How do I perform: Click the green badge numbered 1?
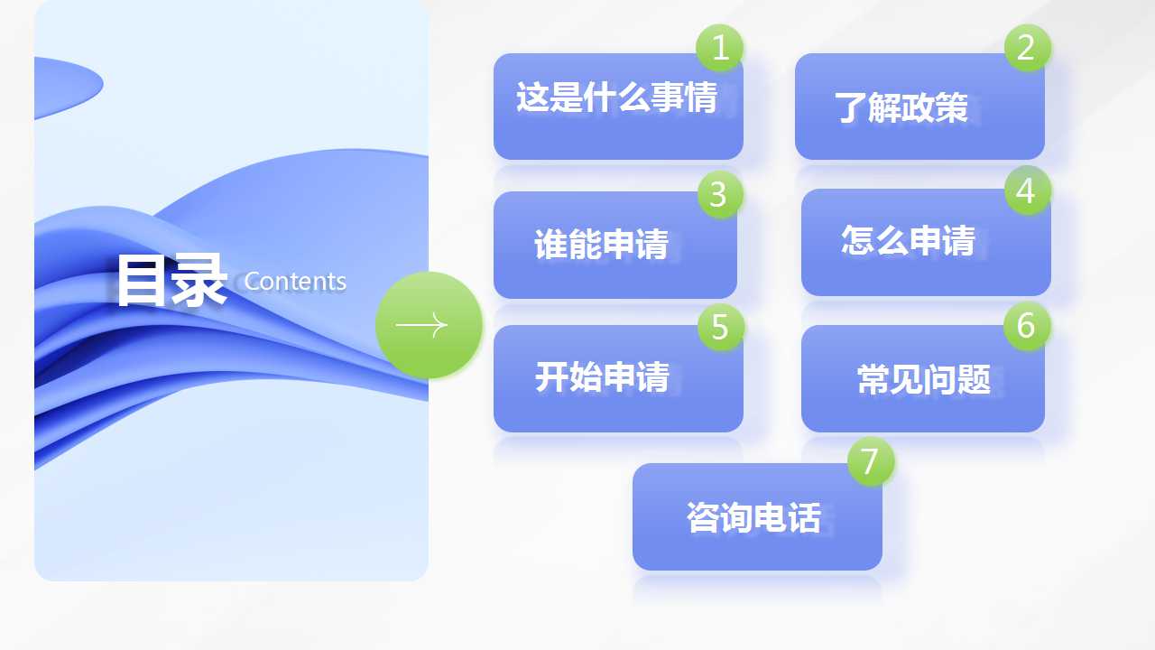point(719,48)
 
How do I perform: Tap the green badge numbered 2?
point(1028,48)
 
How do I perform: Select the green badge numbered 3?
point(720,194)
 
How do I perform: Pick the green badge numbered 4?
point(1028,190)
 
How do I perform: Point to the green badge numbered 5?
point(721,327)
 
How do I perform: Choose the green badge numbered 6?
point(1027,326)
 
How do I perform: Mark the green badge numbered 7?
point(871,461)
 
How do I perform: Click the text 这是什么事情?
point(616,97)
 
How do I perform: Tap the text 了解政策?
point(901,107)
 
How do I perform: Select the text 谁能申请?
point(601,244)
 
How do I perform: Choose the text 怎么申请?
point(908,240)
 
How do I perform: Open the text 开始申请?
point(602,377)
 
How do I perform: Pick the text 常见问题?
point(923,379)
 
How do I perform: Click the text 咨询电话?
point(753,517)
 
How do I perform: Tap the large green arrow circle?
point(429,325)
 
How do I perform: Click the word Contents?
point(295,281)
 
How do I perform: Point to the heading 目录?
point(172,280)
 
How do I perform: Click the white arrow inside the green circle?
point(421,325)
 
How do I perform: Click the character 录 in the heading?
point(199,280)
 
